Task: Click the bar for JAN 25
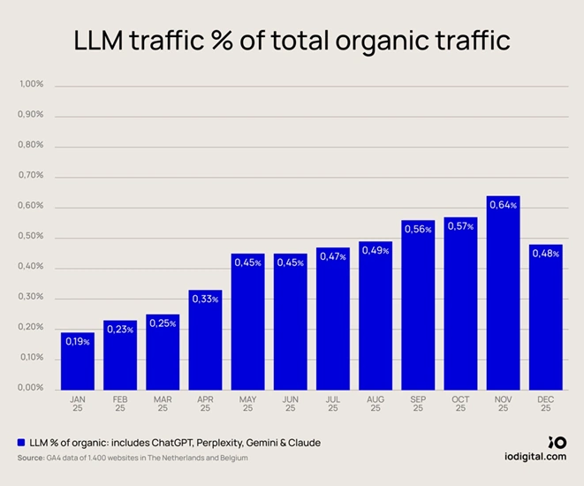coord(77,362)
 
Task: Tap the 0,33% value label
coord(205,300)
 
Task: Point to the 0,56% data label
coord(418,230)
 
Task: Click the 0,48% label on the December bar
coord(545,254)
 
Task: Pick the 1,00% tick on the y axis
coord(31,84)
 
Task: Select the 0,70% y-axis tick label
coord(31,175)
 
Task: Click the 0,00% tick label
coord(31,388)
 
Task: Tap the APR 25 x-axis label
coord(205,404)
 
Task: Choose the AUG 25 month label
coord(375,404)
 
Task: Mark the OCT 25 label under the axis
coord(460,404)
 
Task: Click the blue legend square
coord(21,442)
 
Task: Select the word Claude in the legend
coord(302,442)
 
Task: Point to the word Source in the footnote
coord(32,458)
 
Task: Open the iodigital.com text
coord(530,456)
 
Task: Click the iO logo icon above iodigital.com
coord(557,441)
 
